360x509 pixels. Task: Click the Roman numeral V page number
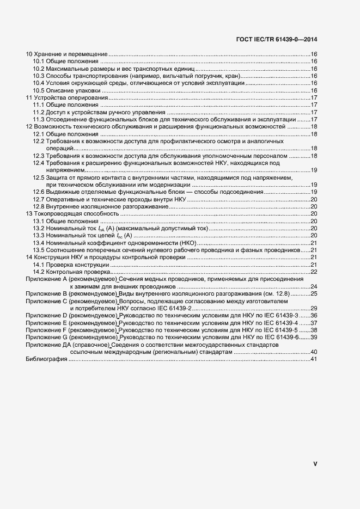pos(315,464)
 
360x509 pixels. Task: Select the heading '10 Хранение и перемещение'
pos(67,54)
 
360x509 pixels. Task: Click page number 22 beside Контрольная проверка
pos(314,271)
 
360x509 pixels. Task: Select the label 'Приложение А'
pos(45,279)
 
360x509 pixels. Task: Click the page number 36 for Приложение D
pos(314,315)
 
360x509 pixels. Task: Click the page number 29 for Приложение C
pos(314,308)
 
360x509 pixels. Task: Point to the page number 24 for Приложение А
pos(314,286)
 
